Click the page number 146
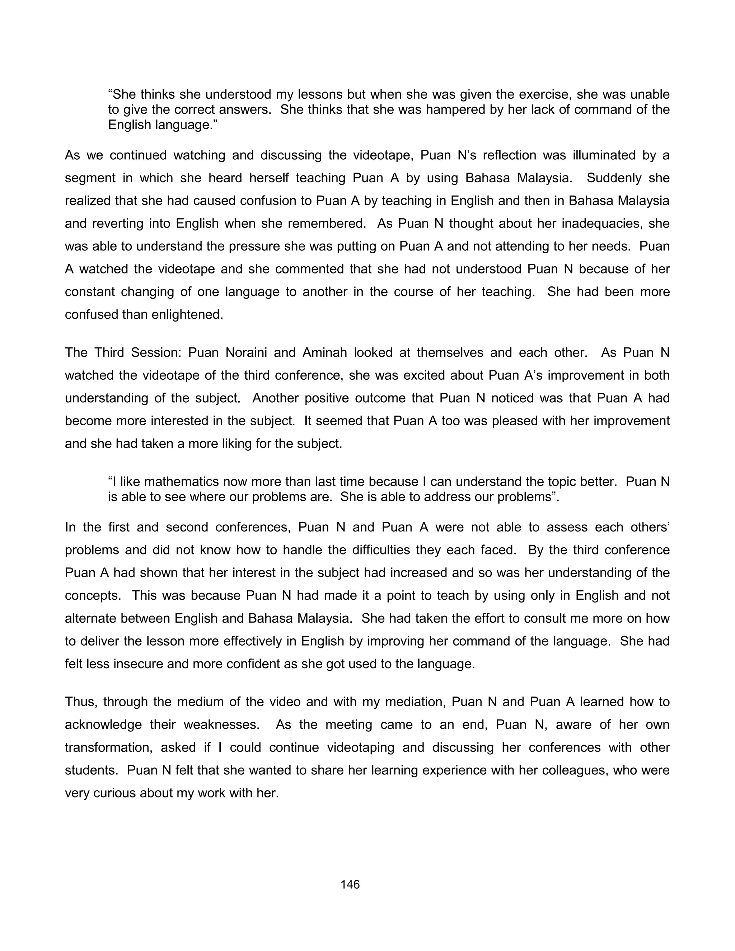(350, 884)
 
